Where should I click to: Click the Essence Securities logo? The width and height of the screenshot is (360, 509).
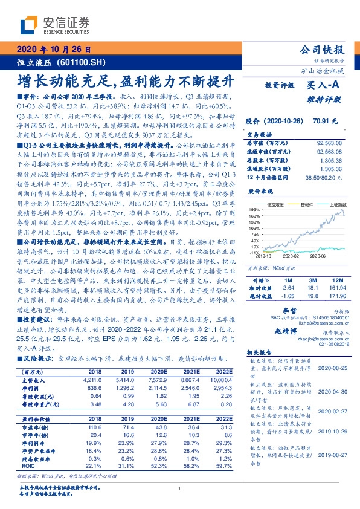[x=54, y=25]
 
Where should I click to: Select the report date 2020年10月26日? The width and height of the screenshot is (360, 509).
[x=53, y=50]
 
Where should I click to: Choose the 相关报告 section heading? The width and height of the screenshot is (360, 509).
[x=262, y=352]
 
